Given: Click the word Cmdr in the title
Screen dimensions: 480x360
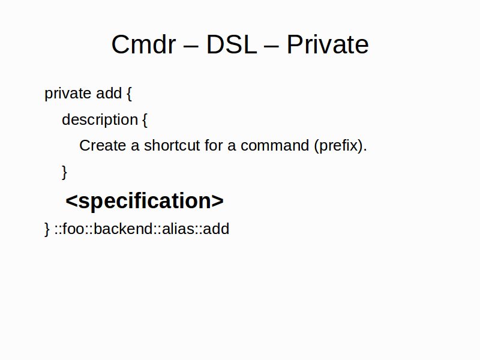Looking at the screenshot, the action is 143,44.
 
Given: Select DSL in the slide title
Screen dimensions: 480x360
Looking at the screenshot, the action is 232,44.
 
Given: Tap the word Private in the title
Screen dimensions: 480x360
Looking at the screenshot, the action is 328,44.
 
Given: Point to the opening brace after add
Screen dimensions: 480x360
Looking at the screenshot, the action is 129,94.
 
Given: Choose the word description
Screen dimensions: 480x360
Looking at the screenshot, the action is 100,119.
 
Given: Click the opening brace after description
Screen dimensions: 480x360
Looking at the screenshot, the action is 145,120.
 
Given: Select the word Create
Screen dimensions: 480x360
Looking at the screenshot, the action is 103,145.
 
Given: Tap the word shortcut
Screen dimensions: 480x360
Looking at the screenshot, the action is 172,145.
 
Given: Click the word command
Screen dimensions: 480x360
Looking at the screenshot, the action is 275,145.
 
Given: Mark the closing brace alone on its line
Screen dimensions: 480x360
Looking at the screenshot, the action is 64,172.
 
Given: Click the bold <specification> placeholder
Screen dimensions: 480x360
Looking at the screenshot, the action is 145,202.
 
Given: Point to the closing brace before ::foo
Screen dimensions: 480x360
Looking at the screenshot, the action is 47,229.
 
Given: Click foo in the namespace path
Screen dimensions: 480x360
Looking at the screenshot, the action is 73,229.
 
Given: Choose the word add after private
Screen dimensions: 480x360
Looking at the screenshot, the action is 109,93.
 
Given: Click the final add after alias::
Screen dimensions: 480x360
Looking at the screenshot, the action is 216,229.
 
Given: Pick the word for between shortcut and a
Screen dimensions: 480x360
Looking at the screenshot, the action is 214,145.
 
